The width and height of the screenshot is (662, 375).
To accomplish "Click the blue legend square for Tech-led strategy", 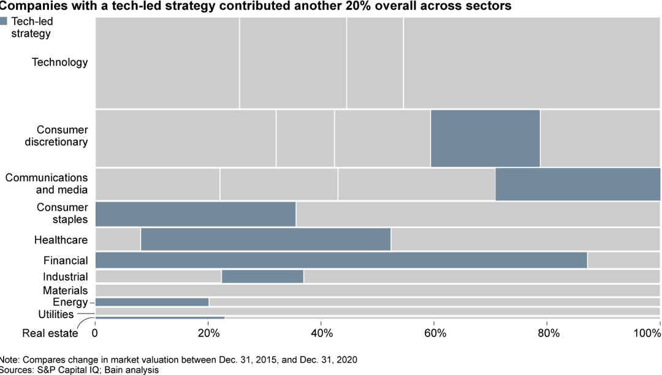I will pos(4,21).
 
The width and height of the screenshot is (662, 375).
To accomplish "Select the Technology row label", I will pos(59,63).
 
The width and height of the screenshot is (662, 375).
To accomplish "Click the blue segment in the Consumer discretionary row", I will pos(485,138).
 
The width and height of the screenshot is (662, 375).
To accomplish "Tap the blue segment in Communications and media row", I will pos(577,184).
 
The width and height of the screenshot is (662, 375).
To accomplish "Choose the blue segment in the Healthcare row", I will pos(265,239).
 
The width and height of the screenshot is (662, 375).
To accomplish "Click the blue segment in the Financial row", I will pos(341,260).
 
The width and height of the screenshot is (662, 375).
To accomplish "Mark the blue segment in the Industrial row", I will pos(262,276).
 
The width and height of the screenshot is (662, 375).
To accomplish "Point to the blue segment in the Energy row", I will pos(152,302).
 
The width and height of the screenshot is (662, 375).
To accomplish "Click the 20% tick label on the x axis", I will pos(208,334).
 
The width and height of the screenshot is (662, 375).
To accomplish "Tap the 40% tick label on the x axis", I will pos(322,334).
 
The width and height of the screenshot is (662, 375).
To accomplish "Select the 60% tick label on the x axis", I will pos(435,334).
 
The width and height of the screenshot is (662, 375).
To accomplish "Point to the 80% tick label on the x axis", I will pos(548,334).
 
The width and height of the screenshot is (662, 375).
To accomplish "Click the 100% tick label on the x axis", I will pos(647,334).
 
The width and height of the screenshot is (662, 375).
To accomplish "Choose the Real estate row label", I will pos(50,334).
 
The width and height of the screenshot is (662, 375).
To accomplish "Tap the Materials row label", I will pos(65,290).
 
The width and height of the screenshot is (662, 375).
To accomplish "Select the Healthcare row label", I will pos(61,240).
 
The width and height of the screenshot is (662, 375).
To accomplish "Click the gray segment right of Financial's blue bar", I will pos(623,260).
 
